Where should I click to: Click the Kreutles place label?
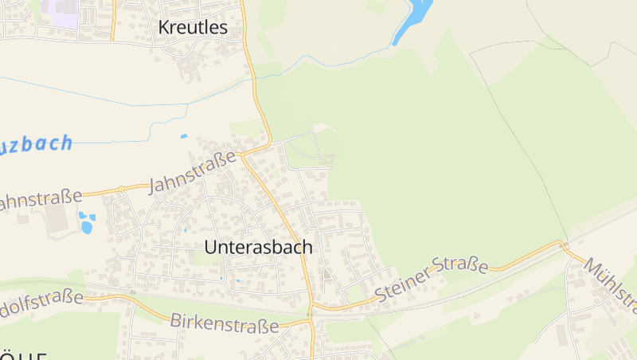[193, 27]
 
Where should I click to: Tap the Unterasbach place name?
[258, 247]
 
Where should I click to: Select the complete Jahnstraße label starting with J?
[193, 171]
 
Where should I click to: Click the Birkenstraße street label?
[225, 323]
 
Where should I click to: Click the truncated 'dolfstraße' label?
[41, 302]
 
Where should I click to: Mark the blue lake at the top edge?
[414, 18]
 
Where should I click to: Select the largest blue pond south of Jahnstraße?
[86, 228]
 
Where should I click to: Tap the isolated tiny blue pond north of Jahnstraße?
[185, 136]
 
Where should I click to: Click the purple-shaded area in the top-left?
[61, 13]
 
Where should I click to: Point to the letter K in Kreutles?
[164, 27]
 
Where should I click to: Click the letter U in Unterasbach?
[211, 247]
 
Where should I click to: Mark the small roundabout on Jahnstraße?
[121, 189]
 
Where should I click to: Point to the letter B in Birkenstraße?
[176, 319]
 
